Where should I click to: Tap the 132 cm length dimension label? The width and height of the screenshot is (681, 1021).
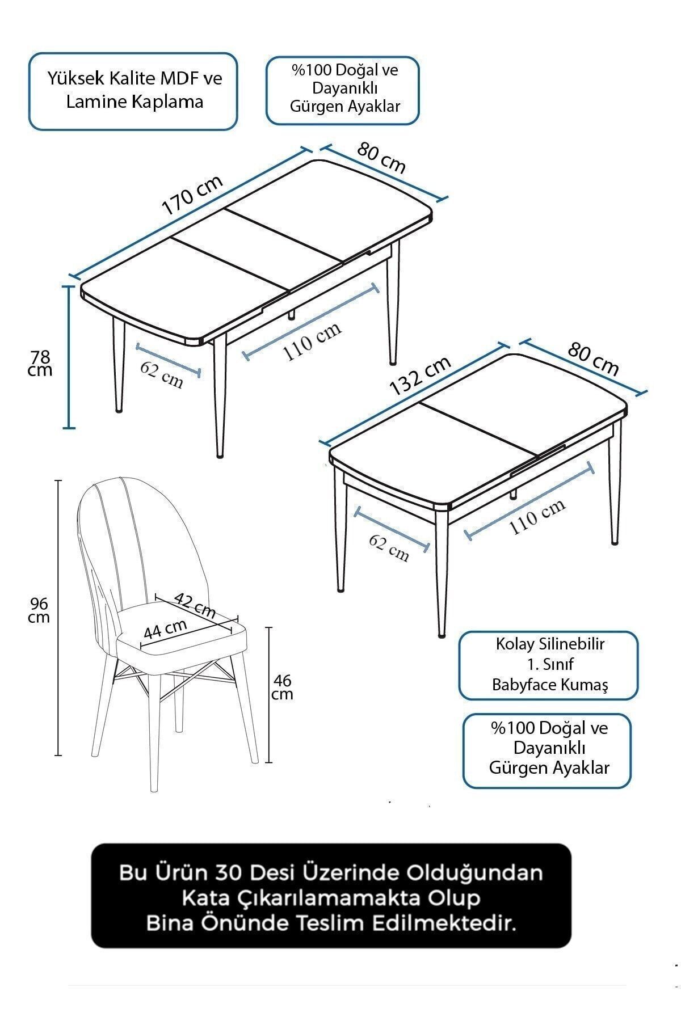coord(421,376)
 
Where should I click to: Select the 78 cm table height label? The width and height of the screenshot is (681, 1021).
coord(40,363)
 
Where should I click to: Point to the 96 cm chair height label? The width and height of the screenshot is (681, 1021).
coord(39,610)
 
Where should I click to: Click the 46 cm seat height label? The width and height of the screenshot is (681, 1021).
coord(282,686)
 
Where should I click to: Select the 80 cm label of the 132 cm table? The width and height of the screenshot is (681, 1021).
coord(593,359)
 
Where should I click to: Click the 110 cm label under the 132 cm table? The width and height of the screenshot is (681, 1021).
coord(537,517)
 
